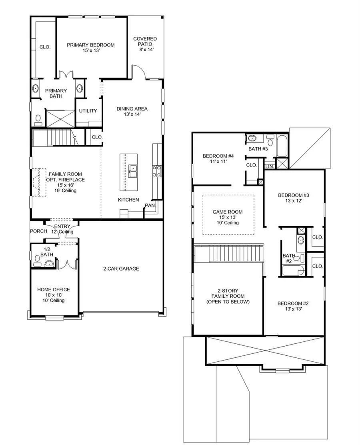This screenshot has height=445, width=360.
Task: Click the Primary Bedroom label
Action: coord(90,45)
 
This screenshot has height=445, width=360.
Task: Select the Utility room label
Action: coord(88,111)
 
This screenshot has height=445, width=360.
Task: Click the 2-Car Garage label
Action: coord(121,269)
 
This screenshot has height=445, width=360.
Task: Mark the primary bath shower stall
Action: coord(60,118)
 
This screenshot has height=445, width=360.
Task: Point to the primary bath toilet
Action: coord(38,118)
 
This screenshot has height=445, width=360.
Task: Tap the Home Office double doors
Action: coord(65,264)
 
